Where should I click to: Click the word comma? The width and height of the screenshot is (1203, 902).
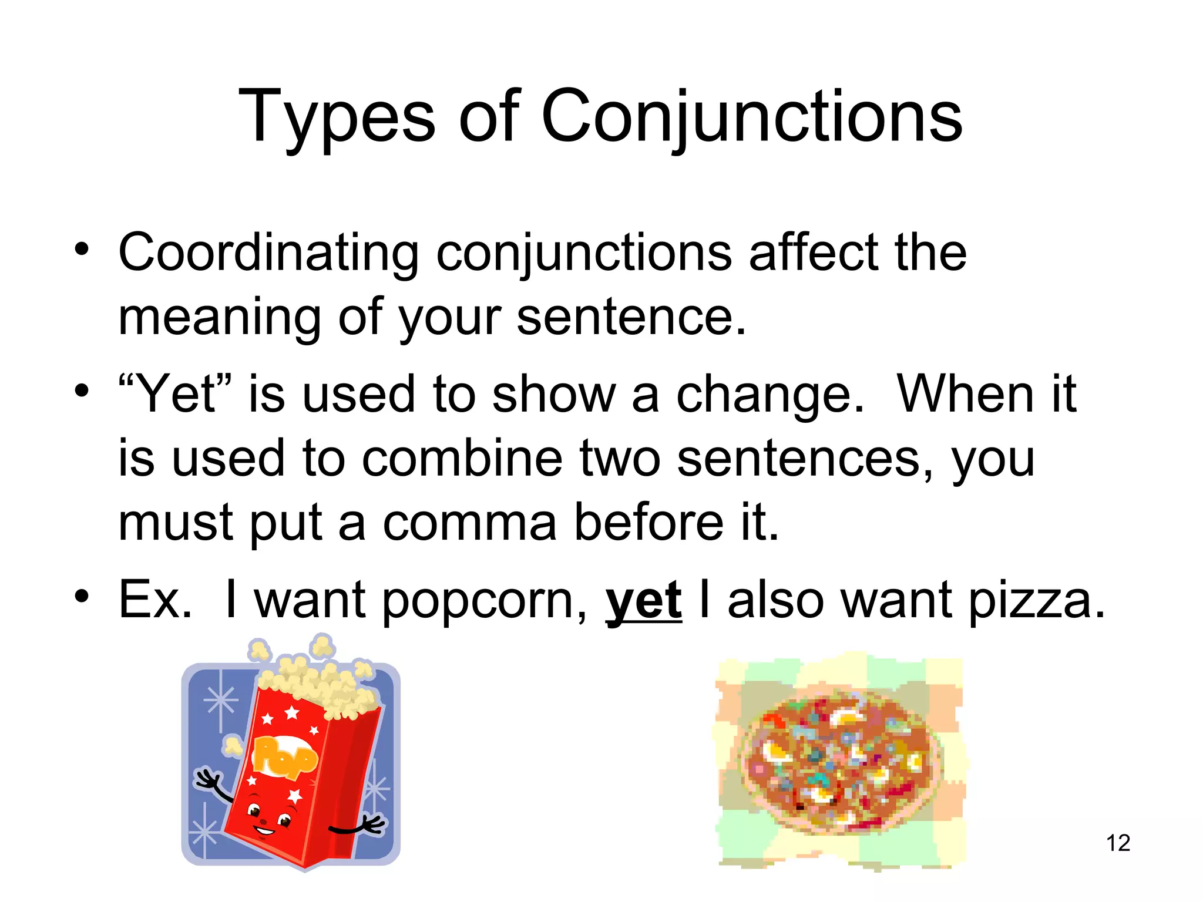tap(469, 522)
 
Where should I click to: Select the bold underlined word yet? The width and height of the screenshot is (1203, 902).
tap(643, 601)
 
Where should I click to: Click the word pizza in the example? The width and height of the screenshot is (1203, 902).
tap(1036, 601)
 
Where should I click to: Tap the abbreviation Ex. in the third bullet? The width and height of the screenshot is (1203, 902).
tap(154, 600)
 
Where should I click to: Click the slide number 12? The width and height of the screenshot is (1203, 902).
tap(1118, 843)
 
